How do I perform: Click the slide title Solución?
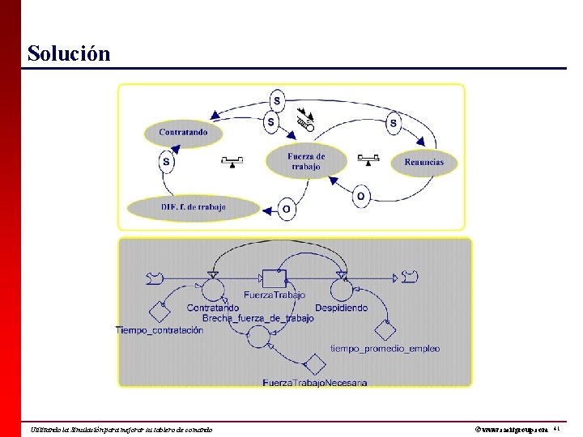pyautogui.click(x=68, y=53)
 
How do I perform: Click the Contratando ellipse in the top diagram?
pyautogui.click(x=183, y=133)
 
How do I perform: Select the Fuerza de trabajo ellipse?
pyautogui.click(x=306, y=160)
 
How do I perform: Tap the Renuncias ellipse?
pyautogui.click(x=423, y=162)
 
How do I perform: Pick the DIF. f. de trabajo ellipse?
pyautogui.click(x=194, y=207)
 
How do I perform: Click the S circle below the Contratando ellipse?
pyautogui.click(x=167, y=162)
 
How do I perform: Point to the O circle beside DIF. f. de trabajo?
pyautogui.click(x=286, y=209)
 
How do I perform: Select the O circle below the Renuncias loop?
pyautogui.click(x=361, y=196)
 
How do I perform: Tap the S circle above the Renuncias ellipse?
pyautogui.click(x=393, y=123)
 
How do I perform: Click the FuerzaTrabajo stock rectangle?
pyautogui.click(x=274, y=279)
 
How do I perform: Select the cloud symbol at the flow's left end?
pyautogui.click(x=154, y=278)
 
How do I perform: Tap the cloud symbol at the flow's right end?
pyautogui.click(x=410, y=278)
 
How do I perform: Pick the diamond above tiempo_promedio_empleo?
pyautogui.click(x=385, y=330)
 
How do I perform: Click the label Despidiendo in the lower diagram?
pyautogui.click(x=341, y=308)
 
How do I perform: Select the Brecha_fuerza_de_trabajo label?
pyautogui.click(x=257, y=319)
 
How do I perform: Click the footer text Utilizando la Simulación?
pyautogui.click(x=121, y=429)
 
